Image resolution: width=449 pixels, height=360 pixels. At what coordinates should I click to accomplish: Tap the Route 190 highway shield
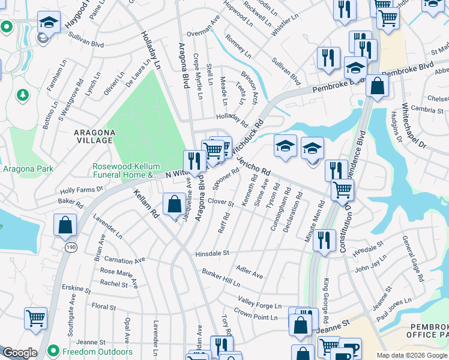(x=71, y=247)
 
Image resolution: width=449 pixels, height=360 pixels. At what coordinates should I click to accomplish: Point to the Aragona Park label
(x=28, y=169)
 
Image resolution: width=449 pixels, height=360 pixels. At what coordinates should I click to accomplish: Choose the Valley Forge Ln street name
(x=259, y=302)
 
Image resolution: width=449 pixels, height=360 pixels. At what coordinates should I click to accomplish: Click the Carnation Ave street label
(x=125, y=260)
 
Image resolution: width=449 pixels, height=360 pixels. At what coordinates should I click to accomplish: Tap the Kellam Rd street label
(x=145, y=203)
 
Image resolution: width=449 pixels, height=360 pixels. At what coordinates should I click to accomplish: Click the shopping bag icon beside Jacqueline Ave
(x=174, y=205)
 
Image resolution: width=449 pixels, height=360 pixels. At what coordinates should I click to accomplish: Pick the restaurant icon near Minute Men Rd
(x=324, y=240)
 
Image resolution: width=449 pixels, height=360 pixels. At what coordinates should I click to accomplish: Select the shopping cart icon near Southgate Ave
(x=36, y=317)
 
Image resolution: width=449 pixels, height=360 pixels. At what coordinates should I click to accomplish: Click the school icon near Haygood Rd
(x=49, y=23)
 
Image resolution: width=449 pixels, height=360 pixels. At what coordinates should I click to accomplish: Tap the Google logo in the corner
(x=20, y=353)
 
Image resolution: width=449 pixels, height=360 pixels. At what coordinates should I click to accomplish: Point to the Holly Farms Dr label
(x=82, y=190)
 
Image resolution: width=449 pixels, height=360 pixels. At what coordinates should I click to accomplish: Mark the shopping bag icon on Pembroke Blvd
(x=377, y=86)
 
